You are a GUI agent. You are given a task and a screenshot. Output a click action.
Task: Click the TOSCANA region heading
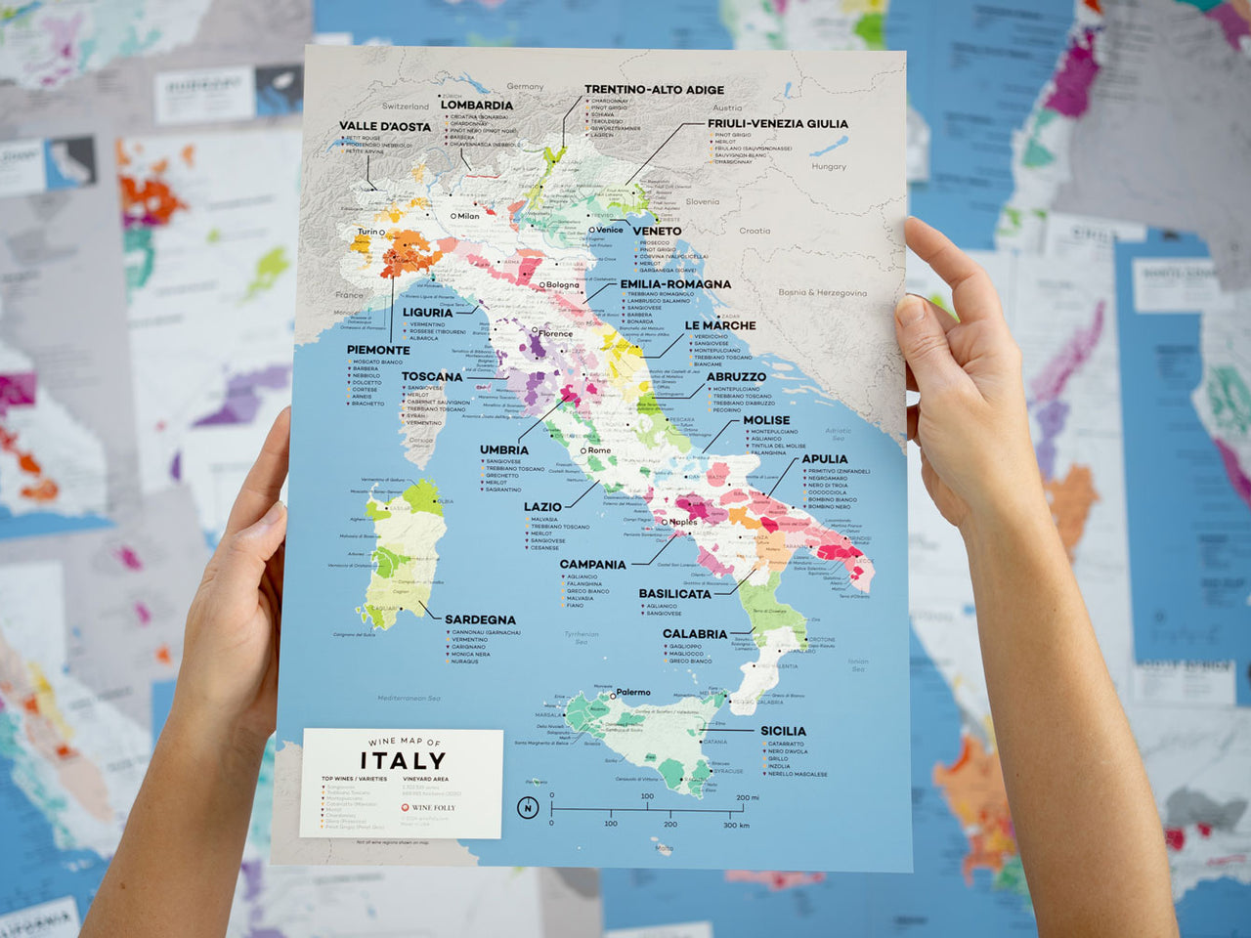pyautogui.click(x=431, y=376)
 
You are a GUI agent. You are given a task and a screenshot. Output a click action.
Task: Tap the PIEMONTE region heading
pyautogui.click(x=378, y=350)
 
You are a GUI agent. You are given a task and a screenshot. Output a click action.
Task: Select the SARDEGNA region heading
pyautogui.click(x=480, y=619)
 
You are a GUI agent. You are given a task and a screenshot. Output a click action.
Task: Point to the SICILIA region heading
pyautogui.click(x=783, y=731)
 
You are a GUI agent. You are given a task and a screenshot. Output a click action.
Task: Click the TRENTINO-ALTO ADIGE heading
pyautogui.click(x=654, y=89)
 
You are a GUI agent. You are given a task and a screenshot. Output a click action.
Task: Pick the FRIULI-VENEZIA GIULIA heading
pyautogui.click(x=777, y=124)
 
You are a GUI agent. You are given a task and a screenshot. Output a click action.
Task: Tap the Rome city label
pyautogui.click(x=598, y=450)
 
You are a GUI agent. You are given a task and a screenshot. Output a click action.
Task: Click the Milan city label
pyautogui.click(x=468, y=216)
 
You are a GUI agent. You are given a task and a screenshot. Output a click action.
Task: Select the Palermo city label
pyautogui.click(x=632, y=693)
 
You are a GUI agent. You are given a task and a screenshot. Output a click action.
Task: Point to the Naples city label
pyautogui.click(x=683, y=522)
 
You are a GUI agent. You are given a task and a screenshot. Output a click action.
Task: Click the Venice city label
pyautogui.click(x=609, y=230)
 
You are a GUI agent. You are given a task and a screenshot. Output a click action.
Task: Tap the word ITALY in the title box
pyautogui.click(x=403, y=760)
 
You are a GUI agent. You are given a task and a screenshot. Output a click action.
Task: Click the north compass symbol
pyautogui.click(x=528, y=807)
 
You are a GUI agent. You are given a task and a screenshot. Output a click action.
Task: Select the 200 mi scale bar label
pyautogui.click(x=747, y=797)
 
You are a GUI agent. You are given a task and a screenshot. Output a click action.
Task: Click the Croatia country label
pyautogui.click(x=755, y=232)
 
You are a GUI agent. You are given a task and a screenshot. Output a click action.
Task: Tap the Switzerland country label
pyautogui.click(x=405, y=107)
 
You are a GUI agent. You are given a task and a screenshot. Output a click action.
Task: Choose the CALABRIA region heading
pyautogui.click(x=694, y=634)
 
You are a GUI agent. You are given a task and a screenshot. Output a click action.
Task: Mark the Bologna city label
pyautogui.click(x=562, y=285)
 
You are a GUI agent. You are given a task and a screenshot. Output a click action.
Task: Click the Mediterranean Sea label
pyautogui.click(x=409, y=699)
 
